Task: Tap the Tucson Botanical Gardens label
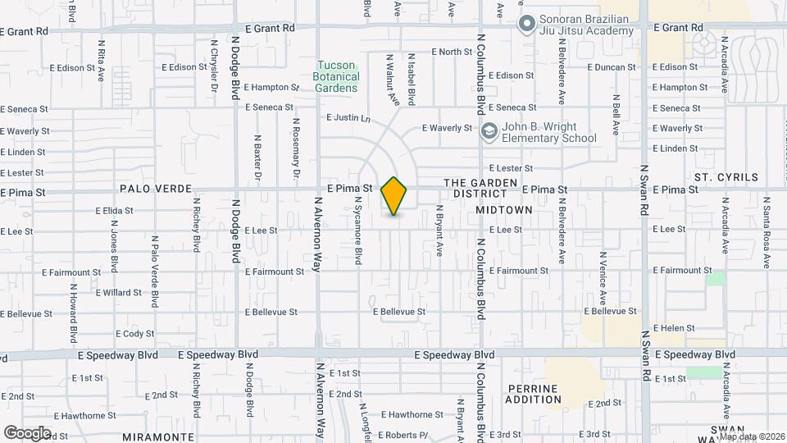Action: pyautogui.click(x=336, y=76)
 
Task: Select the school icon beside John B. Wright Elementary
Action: pyautogui.click(x=489, y=132)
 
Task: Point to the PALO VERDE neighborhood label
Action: pyautogui.click(x=150, y=188)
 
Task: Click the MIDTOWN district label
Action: pyautogui.click(x=504, y=210)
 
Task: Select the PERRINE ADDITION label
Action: pyautogui.click(x=534, y=394)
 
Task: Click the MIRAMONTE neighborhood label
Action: pyautogui.click(x=158, y=437)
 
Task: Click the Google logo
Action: pyautogui.click(x=27, y=433)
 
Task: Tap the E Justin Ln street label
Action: pyautogui.click(x=348, y=118)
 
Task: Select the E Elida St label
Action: pyautogui.click(x=114, y=210)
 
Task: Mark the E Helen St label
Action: pyautogui.click(x=673, y=328)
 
